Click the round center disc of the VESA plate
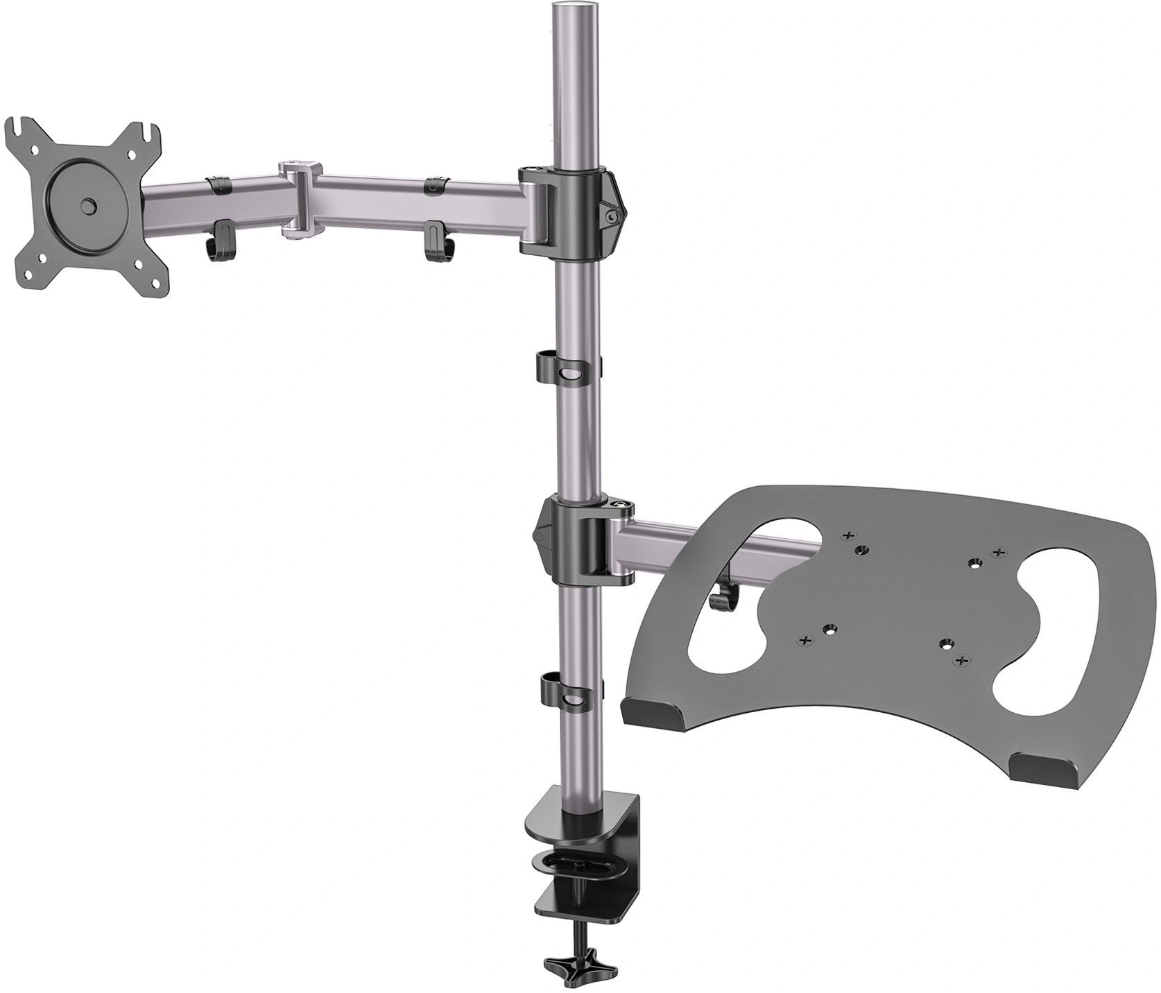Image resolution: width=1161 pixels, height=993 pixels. (x=87, y=206)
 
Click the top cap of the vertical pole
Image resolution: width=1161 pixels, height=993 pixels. (x=576, y=12)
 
